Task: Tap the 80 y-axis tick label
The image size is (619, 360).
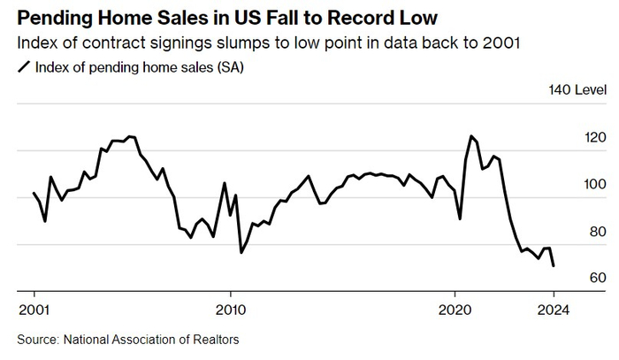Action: (573, 232)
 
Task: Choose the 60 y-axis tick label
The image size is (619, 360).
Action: (573, 278)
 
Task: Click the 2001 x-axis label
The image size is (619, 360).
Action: (33, 310)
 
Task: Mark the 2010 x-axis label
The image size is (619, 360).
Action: (231, 310)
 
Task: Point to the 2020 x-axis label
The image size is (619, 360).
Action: (455, 310)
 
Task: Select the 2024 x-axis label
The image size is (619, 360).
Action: (554, 310)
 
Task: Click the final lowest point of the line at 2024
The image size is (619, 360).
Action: (554, 266)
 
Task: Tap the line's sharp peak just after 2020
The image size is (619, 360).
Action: (471, 136)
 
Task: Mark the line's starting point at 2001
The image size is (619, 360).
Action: (34, 193)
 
